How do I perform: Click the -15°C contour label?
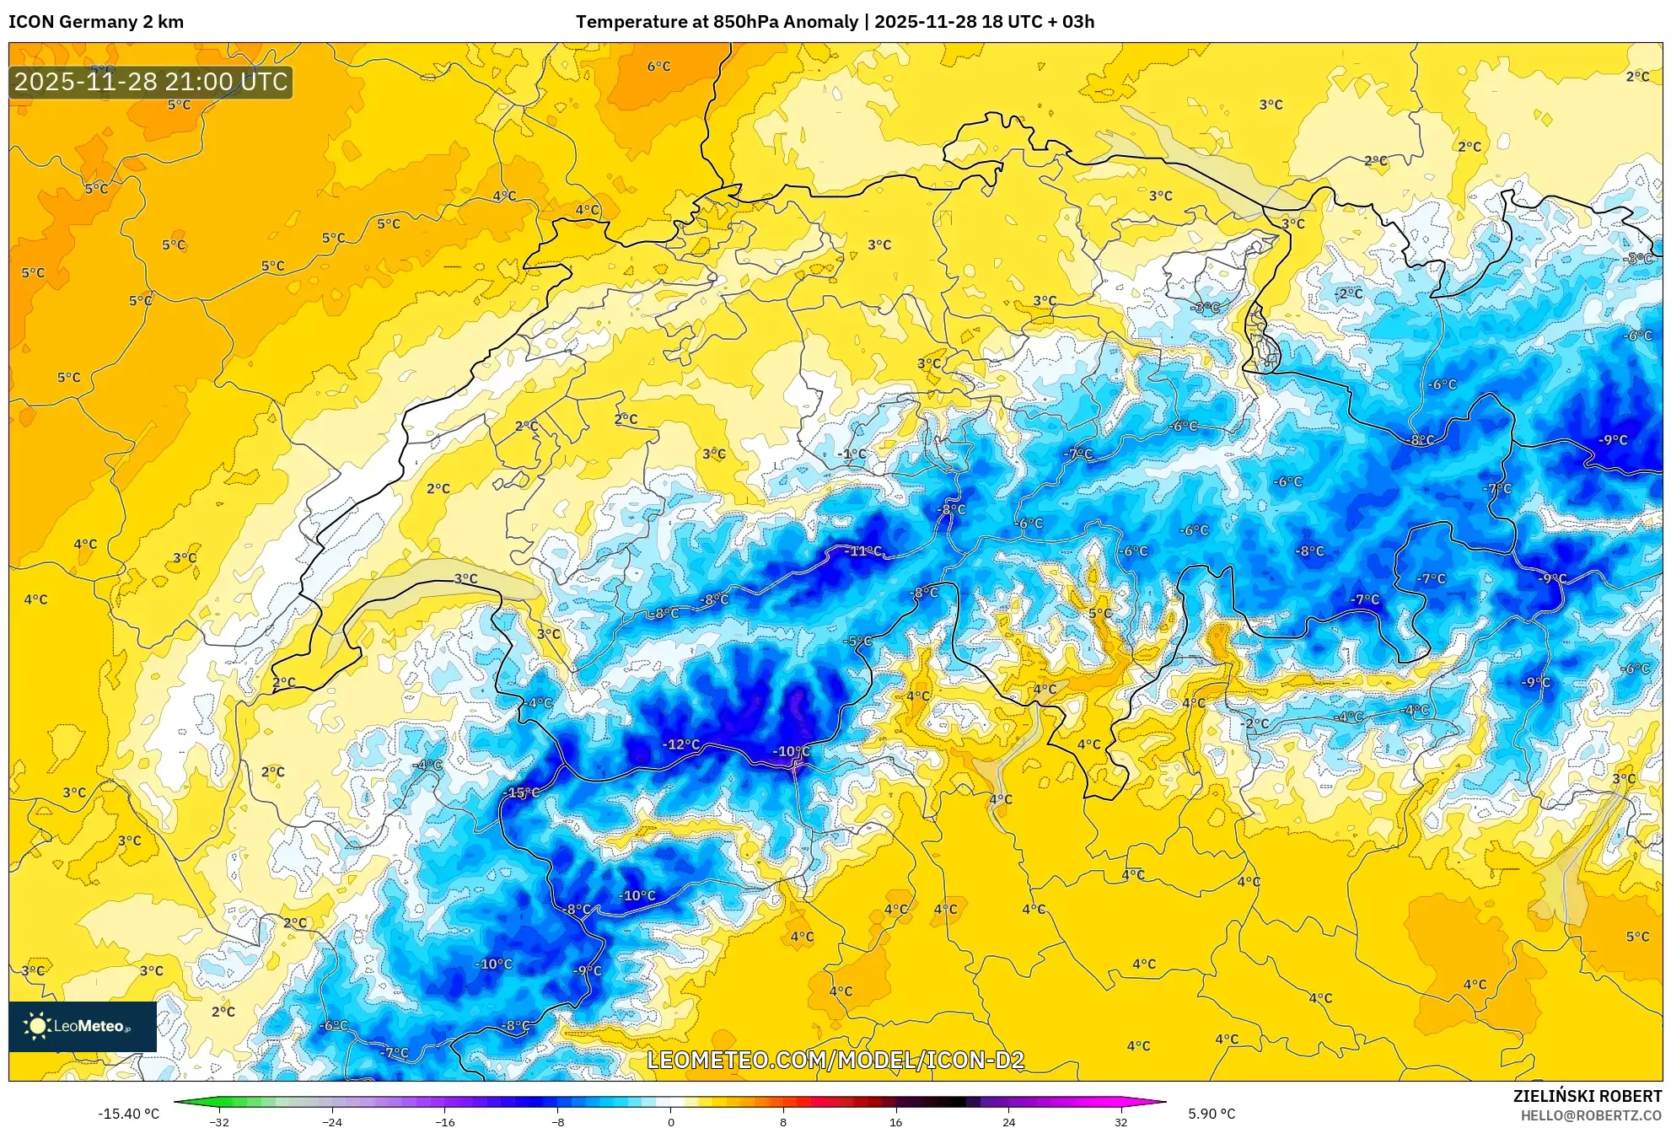521,792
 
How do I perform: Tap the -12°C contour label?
680,744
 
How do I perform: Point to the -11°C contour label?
863,551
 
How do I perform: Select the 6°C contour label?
658,67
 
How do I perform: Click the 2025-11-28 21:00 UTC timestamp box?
151,82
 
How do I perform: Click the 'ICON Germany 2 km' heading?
96,22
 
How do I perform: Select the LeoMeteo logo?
83,1026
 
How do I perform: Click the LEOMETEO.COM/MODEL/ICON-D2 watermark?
835,1061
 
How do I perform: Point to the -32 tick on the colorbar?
219,1122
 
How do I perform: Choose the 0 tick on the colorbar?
671,1122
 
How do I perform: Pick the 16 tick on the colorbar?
895,1122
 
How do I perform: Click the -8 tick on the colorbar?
558,1122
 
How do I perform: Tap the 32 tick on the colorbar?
1120,1122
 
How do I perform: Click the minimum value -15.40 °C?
128,1114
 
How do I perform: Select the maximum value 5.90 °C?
1212,1114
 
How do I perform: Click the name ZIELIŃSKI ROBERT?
1587,1096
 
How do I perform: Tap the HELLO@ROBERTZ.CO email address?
1590,1115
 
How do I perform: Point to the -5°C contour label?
857,642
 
